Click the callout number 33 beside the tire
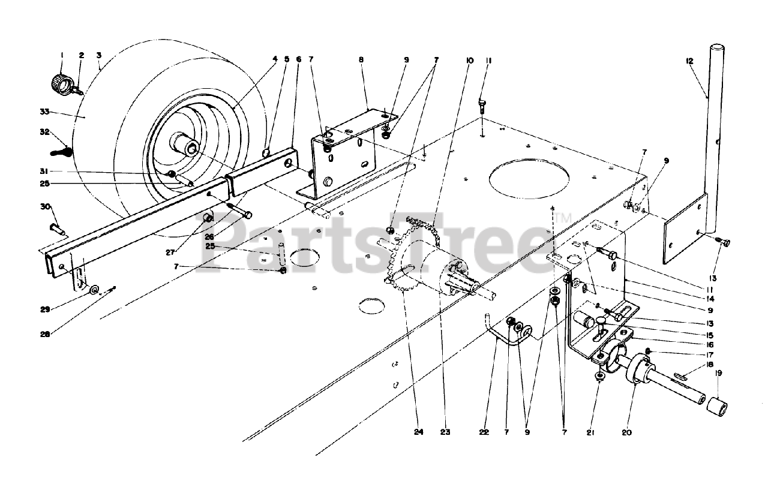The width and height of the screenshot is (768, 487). point(44,112)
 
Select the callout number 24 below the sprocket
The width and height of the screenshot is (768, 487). point(418,432)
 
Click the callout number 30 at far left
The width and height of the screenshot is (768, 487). point(45,206)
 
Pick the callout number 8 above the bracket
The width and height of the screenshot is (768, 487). point(361,60)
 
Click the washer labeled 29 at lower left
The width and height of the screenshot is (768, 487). point(95,290)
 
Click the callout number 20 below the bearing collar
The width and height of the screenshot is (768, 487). point(627,432)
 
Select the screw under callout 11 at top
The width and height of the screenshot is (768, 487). point(482,106)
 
